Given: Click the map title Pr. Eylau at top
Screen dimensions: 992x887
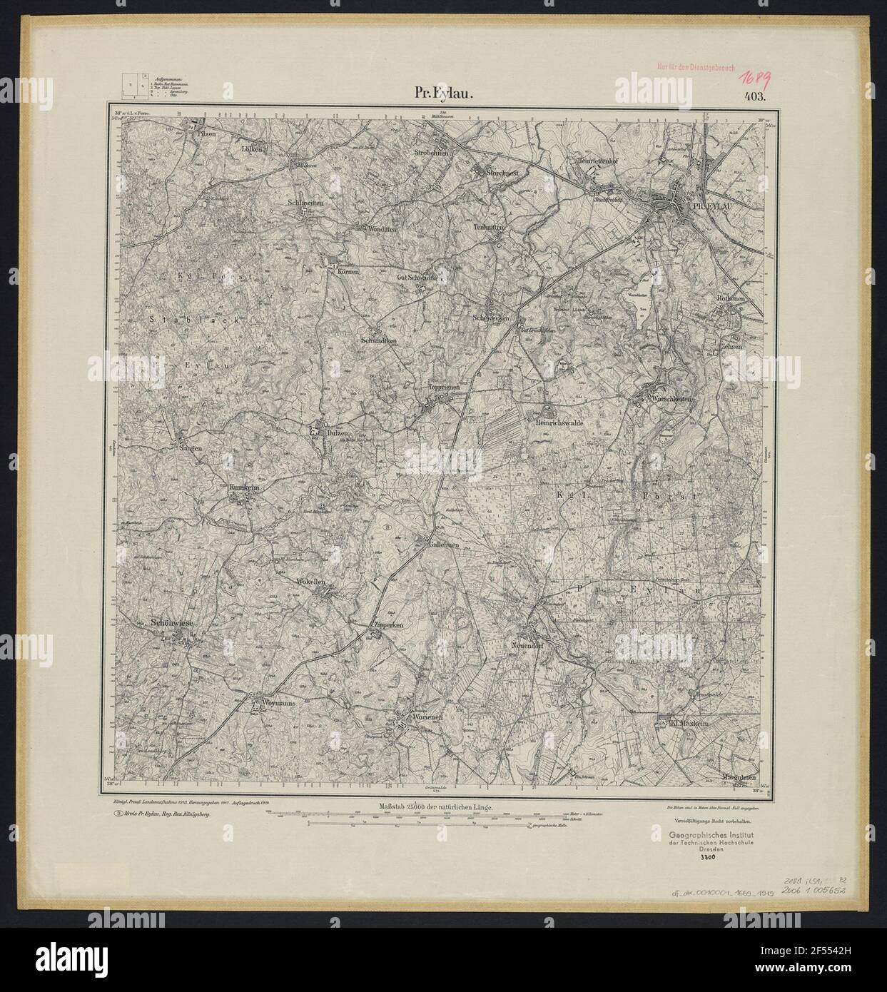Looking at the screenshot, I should click(x=441, y=93).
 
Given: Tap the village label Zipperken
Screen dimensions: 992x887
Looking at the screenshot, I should click(x=388, y=624).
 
